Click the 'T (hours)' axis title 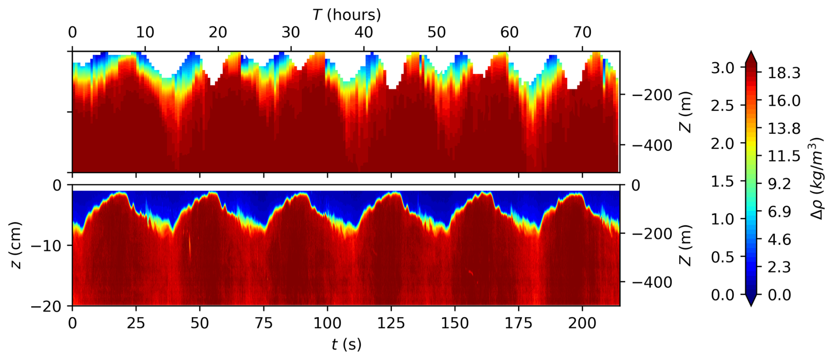(346, 15)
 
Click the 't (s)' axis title (346, 344)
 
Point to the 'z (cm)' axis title (15, 245)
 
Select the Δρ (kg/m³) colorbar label (817, 178)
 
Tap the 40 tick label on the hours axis (364, 32)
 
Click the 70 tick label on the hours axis (582, 32)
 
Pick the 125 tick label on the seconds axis (391, 323)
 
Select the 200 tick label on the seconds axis (582, 323)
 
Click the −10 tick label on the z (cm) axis (46, 245)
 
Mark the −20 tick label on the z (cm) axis (46, 306)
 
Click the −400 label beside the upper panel (652, 145)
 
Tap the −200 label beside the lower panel (652, 233)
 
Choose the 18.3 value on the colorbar (784, 73)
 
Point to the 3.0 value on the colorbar (722, 68)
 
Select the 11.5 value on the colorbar (784, 156)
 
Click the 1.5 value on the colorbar (722, 181)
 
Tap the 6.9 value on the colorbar (779, 211)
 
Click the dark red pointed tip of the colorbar (751, 56)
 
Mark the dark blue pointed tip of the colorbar (751, 300)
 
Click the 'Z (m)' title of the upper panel (686, 112)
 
